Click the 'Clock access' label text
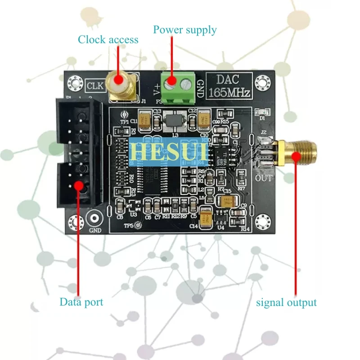pos(108,40)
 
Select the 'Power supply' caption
pos(184,30)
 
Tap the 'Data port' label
pos(81,302)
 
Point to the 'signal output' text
pos(286,302)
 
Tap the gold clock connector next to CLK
pos(121,85)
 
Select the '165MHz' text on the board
pos(229,94)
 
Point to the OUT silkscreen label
pos(264,178)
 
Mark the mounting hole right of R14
pos(261,221)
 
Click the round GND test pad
pos(94,219)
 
